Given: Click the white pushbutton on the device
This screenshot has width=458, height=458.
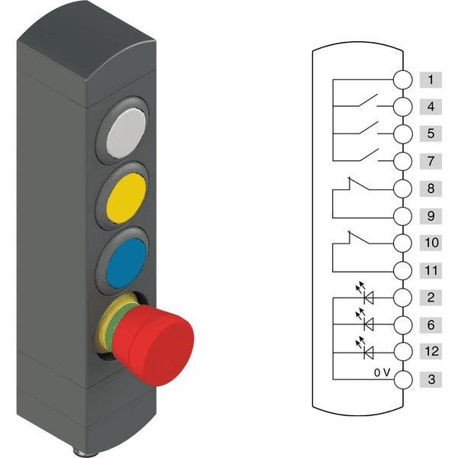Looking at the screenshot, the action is coord(126,133).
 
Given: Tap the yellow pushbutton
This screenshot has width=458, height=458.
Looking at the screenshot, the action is coord(126,198).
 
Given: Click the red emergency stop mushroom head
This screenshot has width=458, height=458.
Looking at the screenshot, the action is coord(153,345).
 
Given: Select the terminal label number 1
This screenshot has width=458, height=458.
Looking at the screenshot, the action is coord(431,79).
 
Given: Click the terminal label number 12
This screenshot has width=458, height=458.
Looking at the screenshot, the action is coord(431,351).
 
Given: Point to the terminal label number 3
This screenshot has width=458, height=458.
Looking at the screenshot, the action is coord(431,379).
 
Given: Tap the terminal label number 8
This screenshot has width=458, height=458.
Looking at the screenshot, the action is coord(431,189).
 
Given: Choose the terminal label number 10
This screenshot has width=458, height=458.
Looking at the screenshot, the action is coord(431,243).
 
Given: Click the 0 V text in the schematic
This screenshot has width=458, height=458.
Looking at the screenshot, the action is coord(382,373).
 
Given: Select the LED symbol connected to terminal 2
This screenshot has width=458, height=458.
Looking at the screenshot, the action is coord(365,294).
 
